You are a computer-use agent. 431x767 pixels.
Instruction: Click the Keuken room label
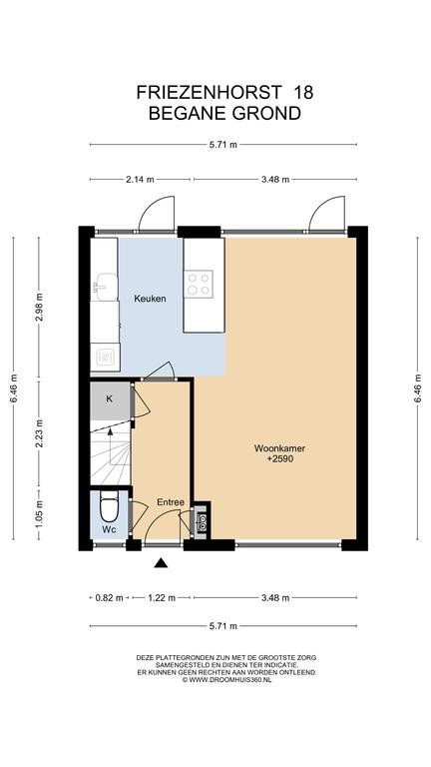point(150,299)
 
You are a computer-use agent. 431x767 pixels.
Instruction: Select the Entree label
point(171,502)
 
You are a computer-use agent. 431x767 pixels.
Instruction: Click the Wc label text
point(110,529)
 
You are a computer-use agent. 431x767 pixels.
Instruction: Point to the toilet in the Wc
point(109,506)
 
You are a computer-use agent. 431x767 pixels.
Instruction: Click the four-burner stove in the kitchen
point(199,284)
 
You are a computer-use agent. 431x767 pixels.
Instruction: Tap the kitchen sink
point(106,288)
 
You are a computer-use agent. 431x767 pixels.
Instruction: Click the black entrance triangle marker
point(161,563)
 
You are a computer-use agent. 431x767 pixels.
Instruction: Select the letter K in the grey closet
point(110,398)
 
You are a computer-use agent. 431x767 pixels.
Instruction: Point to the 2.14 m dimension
point(140,180)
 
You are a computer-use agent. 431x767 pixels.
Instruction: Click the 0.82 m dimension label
point(111,598)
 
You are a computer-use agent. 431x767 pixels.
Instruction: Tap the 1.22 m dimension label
point(162,598)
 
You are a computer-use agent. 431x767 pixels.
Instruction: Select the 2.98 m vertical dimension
point(40,307)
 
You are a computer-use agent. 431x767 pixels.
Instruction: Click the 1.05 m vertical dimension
point(40,513)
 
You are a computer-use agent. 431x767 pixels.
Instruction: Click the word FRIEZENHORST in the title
point(210,92)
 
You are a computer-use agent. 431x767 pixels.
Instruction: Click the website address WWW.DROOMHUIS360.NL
point(229,679)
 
